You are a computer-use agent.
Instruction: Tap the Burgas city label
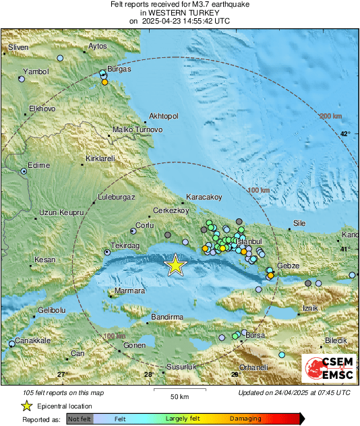click(119, 69)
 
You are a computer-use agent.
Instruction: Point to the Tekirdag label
click(125, 247)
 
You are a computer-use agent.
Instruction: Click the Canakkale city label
click(34, 340)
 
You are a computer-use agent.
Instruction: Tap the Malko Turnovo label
click(138, 129)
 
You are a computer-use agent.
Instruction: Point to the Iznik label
click(309, 308)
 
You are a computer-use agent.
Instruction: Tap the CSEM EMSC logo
click(329, 371)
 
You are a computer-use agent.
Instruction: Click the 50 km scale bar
click(179, 390)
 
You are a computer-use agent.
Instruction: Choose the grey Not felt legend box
click(79, 419)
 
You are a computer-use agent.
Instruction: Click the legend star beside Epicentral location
click(26, 406)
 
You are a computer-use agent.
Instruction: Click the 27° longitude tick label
click(62, 374)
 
